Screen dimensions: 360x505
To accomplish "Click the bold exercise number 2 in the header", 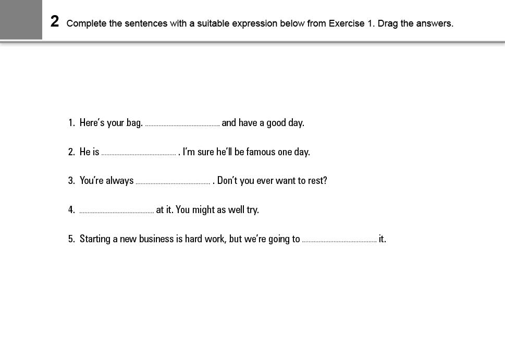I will click(x=55, y=22).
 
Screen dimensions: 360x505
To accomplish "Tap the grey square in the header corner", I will click(x=21, y=19).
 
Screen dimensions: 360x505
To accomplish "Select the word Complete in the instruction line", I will click(x=87, y=23).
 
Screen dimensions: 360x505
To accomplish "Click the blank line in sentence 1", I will click(x=182, y=125).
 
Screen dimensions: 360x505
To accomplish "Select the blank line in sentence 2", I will click(x=139, y=154).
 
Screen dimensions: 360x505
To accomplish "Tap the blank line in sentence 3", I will click(x=173, y=183).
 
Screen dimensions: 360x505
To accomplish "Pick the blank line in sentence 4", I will click(x=117, y=212).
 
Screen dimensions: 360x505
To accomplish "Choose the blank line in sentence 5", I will click(x=339, y=241).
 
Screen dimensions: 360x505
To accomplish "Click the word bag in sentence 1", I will click(x=134, y=123).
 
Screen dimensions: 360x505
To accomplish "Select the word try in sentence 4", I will click(x=252, y=210).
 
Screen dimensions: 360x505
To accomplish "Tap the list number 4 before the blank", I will click(x=71, y=210).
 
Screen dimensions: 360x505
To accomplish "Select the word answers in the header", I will click(x=435, y=23).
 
